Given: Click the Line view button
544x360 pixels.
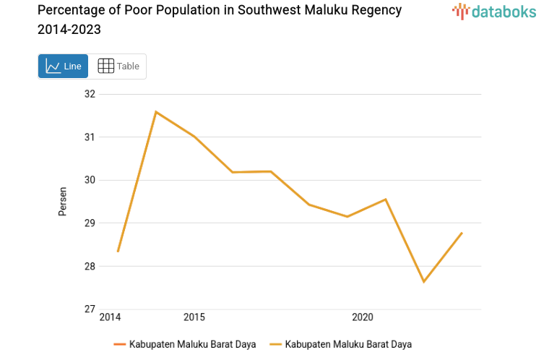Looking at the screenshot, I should pos(64,66).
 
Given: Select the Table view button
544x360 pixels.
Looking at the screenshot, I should pos(118,66).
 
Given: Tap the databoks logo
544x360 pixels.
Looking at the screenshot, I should pos(494,12).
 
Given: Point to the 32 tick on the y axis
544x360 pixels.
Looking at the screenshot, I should pos(90,94).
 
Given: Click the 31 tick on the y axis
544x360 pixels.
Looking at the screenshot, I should pos(90,137).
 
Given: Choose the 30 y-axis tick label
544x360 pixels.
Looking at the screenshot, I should pos(90,180).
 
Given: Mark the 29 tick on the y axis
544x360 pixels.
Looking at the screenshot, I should pos(90,223).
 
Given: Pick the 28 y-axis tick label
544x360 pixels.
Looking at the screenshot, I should pos(90,266).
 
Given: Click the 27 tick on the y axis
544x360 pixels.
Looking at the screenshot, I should pos(90,309).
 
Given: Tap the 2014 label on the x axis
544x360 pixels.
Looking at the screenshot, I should pos(110,317).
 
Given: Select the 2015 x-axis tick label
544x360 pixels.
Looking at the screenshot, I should pos(194,317).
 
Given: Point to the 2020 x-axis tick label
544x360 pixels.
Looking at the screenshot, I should pos(362,317).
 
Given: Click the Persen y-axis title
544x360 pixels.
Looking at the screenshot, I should pos(63,202).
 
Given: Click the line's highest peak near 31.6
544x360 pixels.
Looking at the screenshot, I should pos(156,111).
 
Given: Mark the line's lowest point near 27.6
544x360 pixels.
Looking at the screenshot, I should pos(423,282).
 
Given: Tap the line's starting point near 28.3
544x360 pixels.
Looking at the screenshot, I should pos(118,251).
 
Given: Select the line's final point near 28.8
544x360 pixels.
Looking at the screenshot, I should pos(462,233).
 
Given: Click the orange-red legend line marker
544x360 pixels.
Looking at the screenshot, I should pos(120,344).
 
